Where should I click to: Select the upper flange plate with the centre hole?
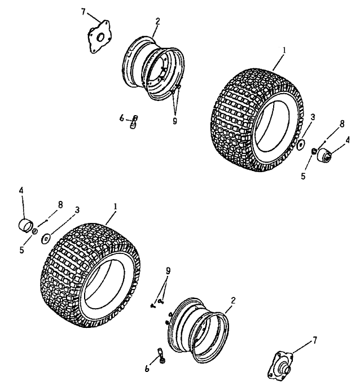[98, 37]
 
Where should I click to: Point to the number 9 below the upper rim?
[174, 120]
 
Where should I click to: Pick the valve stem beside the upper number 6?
[134, 121]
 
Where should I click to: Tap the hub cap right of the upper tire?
[326, 154]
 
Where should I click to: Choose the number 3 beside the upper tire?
[312, 116]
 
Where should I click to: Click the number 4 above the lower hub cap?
[21, 191]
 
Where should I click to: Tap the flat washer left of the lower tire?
[47, 238]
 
